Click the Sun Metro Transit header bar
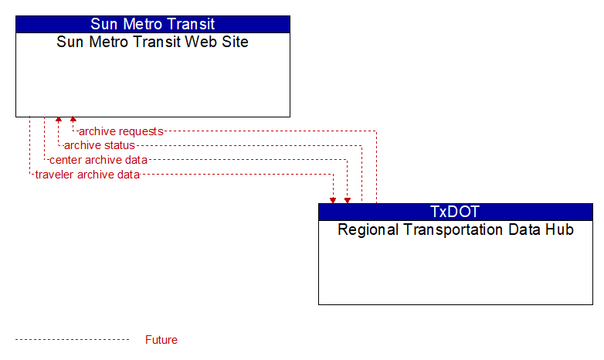[153, 24]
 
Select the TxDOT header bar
[456, 212]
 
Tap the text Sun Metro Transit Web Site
[152, 42]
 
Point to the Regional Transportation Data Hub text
[456, 229]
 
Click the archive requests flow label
[121, 131]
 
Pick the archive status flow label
[100, 145]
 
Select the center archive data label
[98, 160]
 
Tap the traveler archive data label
[87, 175]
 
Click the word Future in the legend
[161, 340]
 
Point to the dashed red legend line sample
[73, 340]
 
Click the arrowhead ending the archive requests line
[73, 120]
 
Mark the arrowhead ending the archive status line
[59, 120]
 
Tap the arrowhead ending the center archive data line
[348, 200]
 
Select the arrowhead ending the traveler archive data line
[333, 200]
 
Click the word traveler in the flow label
[54, 175]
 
